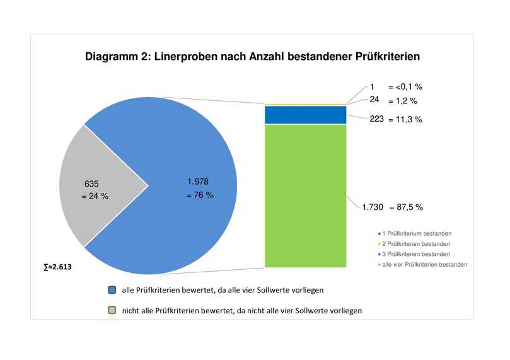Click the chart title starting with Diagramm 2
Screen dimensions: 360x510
click(252, 57)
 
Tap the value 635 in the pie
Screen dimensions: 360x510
click(91, 183)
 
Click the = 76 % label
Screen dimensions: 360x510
click(200, 195)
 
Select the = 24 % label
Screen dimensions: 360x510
click(95, 196)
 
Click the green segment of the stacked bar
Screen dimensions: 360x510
click(306, 195)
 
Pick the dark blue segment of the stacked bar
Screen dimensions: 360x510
click(306, 115)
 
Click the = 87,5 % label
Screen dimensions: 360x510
click(405, 207)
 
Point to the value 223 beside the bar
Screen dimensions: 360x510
click(377, 119)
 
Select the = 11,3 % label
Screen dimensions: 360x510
click(405, 119)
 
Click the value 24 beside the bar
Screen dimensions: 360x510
click(374, 99)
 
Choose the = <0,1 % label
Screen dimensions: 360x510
click(404, 87)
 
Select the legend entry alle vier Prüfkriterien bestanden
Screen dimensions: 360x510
click(424, 265)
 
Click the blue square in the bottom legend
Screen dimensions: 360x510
click(112, 290)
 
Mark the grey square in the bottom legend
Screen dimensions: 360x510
click(112, 310)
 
